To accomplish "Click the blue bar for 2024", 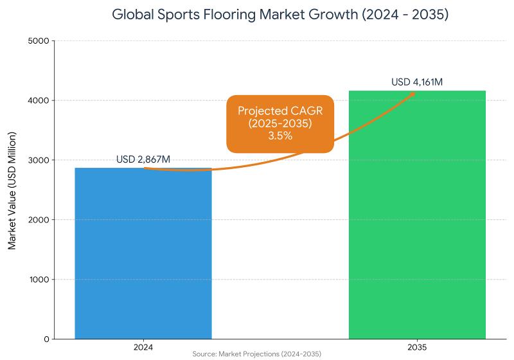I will (143, 253).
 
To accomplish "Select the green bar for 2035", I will (417, 215).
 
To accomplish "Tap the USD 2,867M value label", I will (143, 159).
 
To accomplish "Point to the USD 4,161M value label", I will (417, 82).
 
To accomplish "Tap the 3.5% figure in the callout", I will (280, 136).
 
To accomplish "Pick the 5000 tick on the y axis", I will (39, 41).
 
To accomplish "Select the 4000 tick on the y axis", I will (39, 101).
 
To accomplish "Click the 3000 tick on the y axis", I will (39, 160).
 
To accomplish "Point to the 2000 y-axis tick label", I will (39, 220).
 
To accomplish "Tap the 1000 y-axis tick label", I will (39, 280).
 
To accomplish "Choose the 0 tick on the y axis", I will (46, 339).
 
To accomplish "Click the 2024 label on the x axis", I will (143, 347).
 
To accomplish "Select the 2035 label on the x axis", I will (417, 347).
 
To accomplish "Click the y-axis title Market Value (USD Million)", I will (12, 190).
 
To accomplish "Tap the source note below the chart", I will (256, 354).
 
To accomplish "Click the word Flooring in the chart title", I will (226, 14).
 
